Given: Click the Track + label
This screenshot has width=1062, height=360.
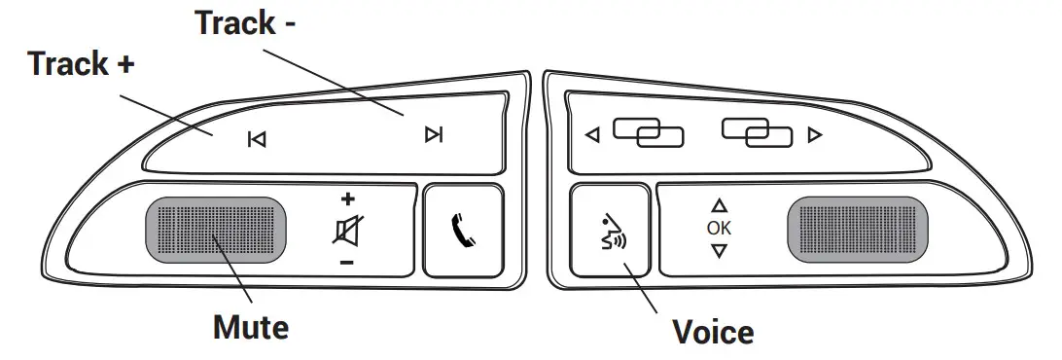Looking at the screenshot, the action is pyautogui.click(x=81, y=65).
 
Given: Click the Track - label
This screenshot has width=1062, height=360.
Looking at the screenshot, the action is pyautogui.click(x=246, y=23).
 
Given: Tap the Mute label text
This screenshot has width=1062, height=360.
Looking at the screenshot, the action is pyautogui.click(x=250, y=327).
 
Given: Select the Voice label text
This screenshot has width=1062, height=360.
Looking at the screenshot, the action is pyautogui.click(x=713, y=332).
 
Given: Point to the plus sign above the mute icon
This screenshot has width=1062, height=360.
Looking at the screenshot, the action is pyautogui.click(x=347, y=199).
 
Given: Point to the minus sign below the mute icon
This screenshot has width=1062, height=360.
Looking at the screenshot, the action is pyautogui.click(x=347, y=263).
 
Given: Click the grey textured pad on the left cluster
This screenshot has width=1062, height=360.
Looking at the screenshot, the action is pyautogui.click(x=216, y=230).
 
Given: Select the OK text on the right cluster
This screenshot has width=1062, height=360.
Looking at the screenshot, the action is pyautogui.click(x=719, y=229).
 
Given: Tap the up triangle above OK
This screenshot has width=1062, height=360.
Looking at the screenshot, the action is pyautogui.click(x=719, y=206).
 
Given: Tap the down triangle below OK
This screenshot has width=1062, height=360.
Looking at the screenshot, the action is pyautogui.click(x=719, y=251).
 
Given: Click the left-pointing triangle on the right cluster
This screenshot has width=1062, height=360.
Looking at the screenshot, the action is pyautogui.click(x=592, y=135).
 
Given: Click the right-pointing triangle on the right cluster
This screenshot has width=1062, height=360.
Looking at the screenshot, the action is pyautogui.click(x=815, y=135).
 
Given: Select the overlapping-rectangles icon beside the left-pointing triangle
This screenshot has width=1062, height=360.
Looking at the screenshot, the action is pyautogui.click(x=648, y=133).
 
